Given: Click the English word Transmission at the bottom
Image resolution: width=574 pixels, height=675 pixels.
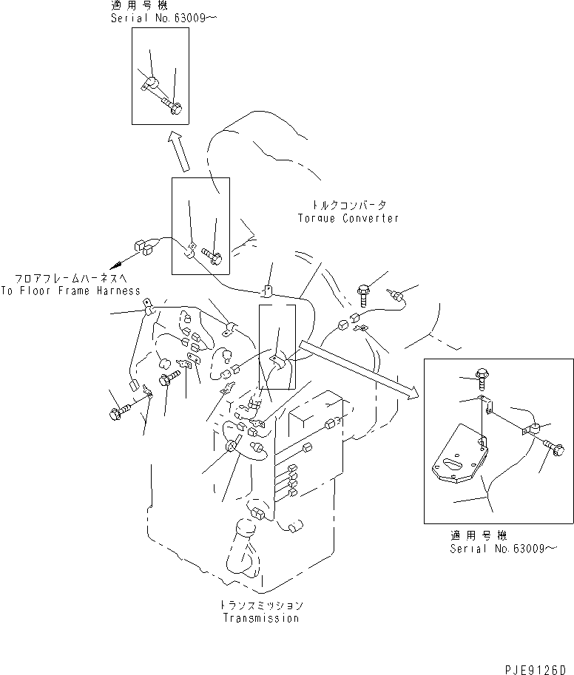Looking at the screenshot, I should coord(261,618).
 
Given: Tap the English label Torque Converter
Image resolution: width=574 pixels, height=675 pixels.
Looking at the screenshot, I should coord(348,218).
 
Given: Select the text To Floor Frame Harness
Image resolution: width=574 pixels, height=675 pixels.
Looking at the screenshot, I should coord(70,291).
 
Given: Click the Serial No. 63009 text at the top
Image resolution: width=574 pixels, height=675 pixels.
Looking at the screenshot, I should coord(156,17).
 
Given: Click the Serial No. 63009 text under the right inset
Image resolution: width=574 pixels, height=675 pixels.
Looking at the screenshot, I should coord(500,549).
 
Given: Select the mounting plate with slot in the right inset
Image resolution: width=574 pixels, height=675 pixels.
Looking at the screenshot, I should coord(458,463).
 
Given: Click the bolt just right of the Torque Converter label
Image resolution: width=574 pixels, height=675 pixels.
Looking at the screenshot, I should coord(365,294).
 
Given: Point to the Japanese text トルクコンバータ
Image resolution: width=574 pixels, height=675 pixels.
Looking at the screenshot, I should coord(348,205).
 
